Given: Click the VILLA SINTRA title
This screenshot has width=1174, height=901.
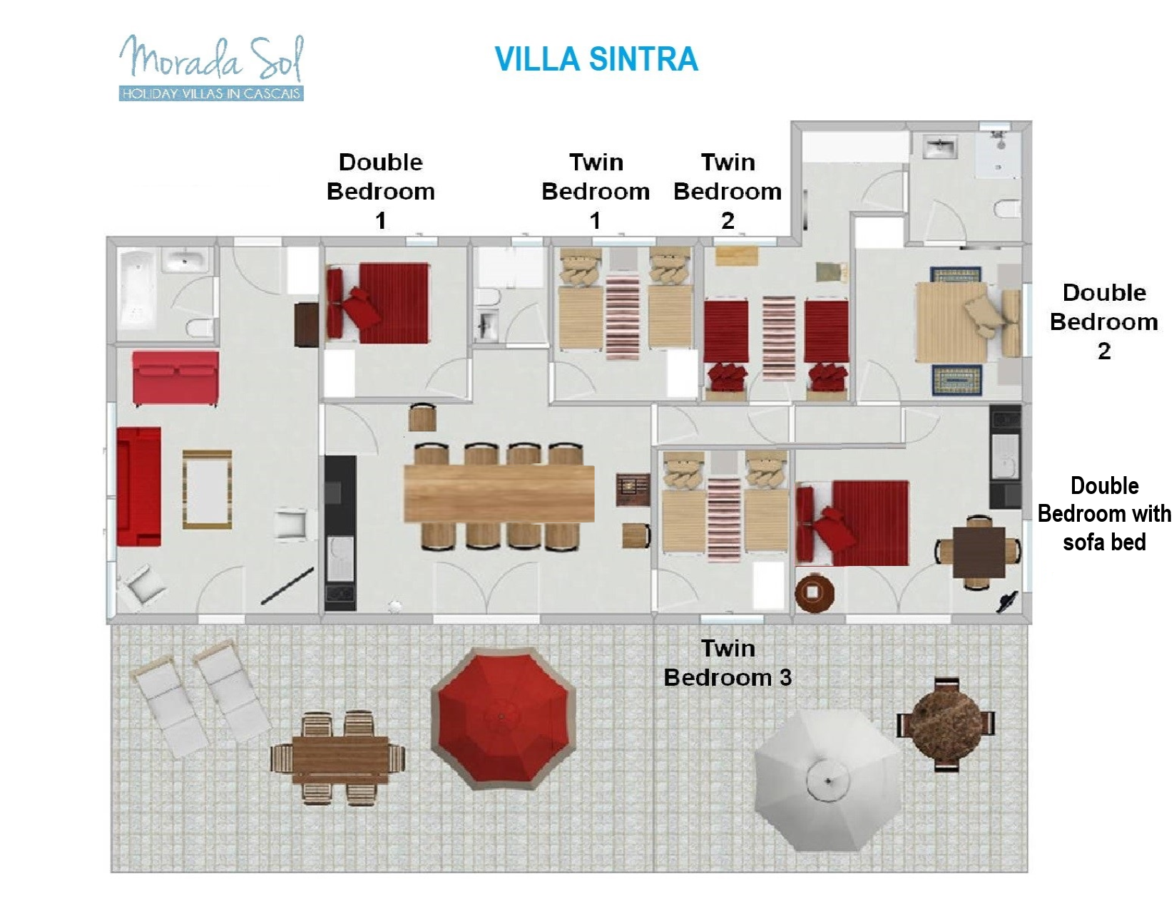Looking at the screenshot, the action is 596,59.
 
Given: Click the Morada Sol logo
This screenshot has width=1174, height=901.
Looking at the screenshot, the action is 211,68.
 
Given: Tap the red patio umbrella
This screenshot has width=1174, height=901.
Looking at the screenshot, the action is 502,718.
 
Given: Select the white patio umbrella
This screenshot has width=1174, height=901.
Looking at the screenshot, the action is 827,780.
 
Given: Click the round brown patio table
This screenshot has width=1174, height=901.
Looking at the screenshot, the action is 946,724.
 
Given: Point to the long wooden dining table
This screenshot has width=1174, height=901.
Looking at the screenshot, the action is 499,493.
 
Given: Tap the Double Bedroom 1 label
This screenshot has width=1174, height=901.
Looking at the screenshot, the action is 381,192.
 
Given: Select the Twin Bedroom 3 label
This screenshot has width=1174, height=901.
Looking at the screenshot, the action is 728,663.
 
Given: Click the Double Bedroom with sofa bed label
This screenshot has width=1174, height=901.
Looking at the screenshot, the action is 1104,514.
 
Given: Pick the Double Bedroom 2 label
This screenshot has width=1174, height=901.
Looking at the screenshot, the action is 1104,321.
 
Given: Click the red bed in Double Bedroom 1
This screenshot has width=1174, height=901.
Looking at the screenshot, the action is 377,304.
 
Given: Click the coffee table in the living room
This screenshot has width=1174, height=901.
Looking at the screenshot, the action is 208,489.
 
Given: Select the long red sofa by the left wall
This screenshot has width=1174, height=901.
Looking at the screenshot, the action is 139,487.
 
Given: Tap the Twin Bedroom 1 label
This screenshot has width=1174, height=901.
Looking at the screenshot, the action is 596,192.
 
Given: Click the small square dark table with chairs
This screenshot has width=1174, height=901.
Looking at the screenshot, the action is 979,553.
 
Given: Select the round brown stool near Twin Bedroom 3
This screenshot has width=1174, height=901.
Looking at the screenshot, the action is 815,593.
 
